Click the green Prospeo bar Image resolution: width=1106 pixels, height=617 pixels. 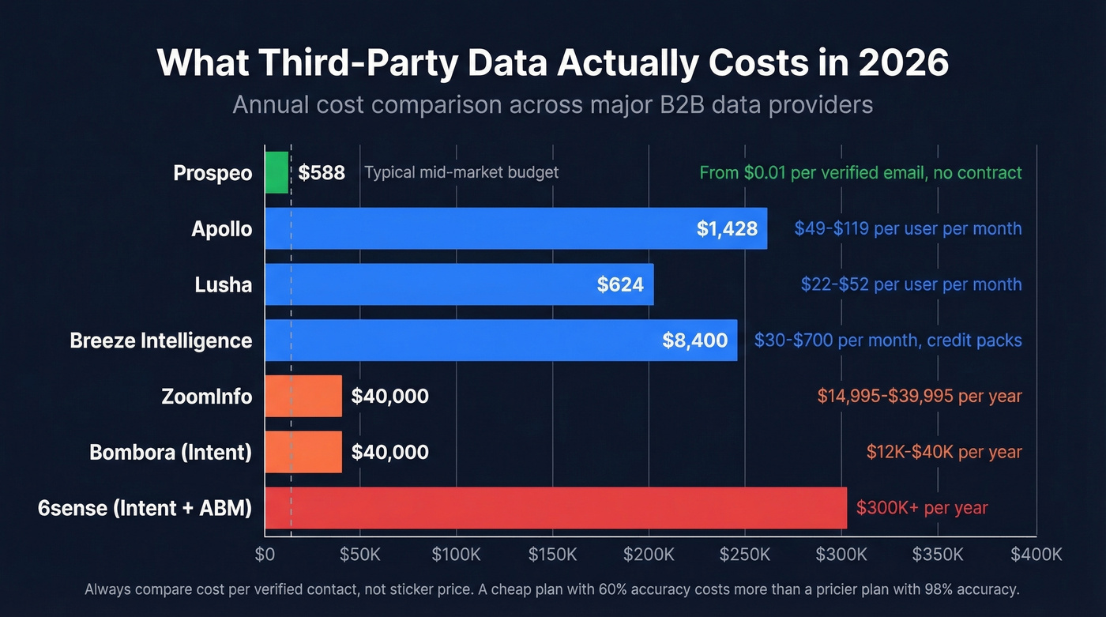[276, 172]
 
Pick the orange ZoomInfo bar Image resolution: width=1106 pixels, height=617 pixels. [303, 396]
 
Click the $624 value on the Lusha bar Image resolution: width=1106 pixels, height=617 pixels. [620, 284]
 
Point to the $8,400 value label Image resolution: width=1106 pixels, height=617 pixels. [695, 340]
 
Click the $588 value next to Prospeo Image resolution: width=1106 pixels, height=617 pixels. [322, 172]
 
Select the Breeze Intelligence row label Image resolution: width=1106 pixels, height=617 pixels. [161, 340]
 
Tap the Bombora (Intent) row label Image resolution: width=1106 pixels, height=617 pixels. [171, 452]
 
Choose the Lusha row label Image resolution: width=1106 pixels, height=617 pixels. [224, 284]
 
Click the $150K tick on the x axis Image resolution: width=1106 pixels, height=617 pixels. [552, 555]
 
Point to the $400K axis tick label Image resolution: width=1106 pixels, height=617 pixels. [1036, 555]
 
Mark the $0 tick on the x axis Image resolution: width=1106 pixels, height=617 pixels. [265, 555]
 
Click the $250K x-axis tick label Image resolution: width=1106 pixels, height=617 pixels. [745, 555]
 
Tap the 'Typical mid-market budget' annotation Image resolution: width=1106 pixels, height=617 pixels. [461, 172]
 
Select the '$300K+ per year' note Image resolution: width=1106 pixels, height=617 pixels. [922, 507]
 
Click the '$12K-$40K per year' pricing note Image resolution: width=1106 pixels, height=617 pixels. [944, 452]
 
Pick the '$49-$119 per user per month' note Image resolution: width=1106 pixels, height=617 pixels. [908, 228]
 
